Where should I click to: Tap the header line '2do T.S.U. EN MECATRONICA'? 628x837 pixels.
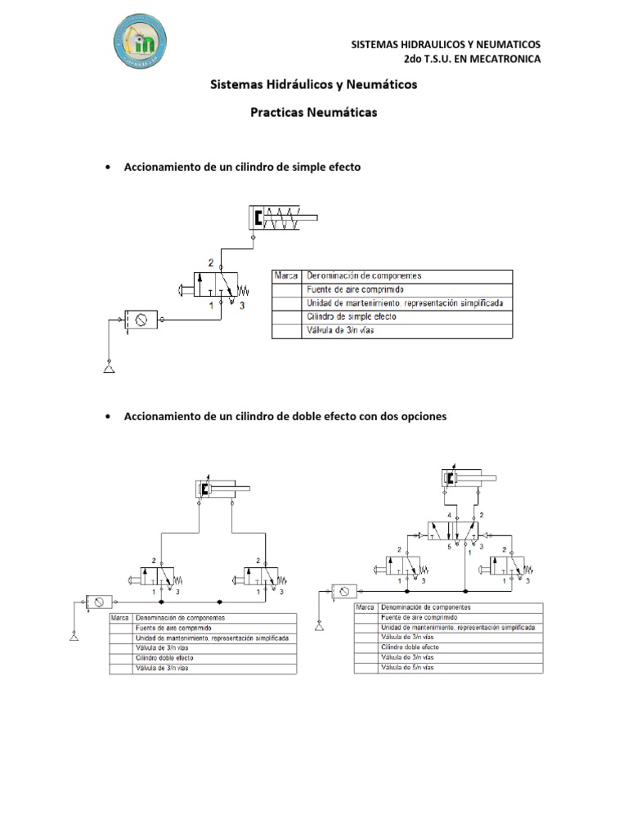click(x=472, y=59)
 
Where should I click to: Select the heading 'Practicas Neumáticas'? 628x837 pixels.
click(x=314, y=113)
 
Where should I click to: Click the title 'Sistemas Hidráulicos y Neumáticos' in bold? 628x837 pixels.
click(x=314, y=84)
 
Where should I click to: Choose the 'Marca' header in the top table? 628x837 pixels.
click(x=286, y=276)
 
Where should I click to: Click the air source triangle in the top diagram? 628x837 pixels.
click(x=109, y=369)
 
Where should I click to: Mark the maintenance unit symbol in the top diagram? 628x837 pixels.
click(x=142, y=319)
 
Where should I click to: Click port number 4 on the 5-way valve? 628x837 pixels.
click(x=448, y=516)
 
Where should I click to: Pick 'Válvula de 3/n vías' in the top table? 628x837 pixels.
click(x=340, y=330)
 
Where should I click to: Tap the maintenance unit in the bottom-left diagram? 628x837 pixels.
click(x=99, y=602)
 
